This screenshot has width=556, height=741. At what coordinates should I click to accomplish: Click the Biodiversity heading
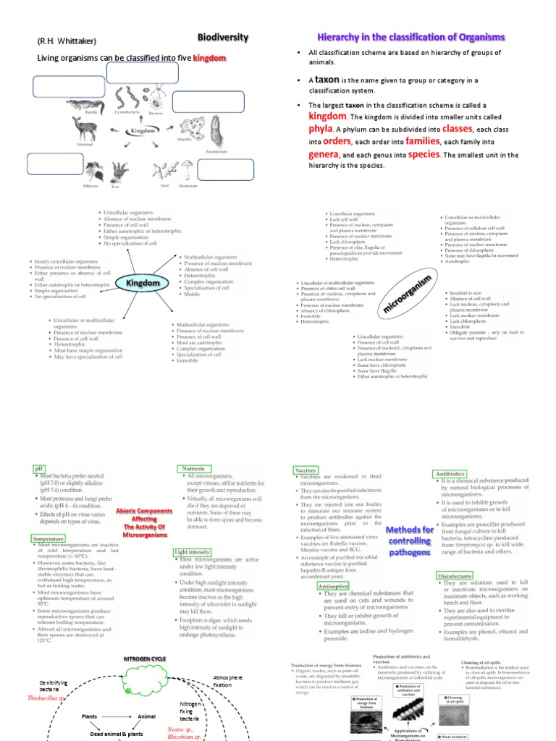223,37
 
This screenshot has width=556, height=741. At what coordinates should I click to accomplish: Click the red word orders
337,141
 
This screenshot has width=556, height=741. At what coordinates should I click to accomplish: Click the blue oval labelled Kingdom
143,283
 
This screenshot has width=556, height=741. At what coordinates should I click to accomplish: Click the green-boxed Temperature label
49,538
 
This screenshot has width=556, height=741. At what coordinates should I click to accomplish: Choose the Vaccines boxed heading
306,470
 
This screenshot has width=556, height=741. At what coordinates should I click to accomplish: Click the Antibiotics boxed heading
450,473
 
